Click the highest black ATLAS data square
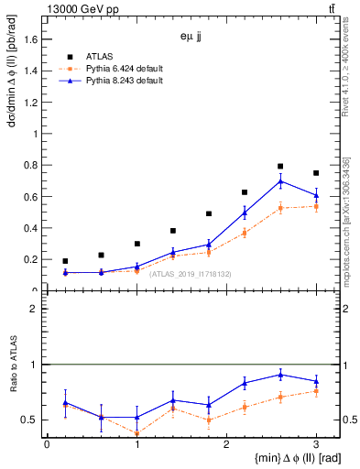coord(280,166)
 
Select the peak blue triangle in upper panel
coord(280,180)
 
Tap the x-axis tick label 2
coord(226,444)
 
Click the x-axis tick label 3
coord(316,444)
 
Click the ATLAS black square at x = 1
coord(137,244)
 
